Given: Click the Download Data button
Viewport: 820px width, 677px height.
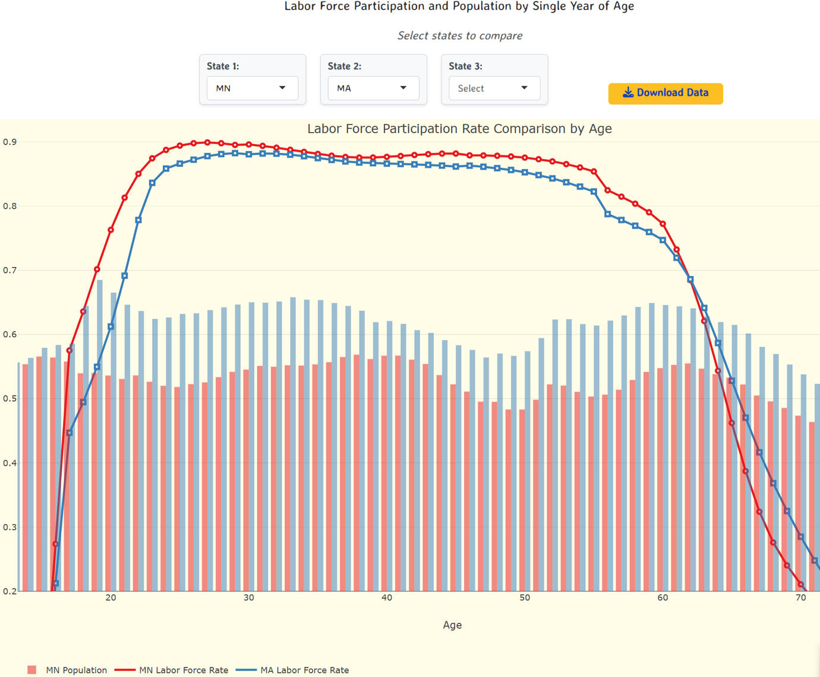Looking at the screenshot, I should pos(666,93).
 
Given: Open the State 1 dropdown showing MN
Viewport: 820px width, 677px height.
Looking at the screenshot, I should pos(253,88).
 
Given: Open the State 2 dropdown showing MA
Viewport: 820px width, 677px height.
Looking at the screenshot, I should pos(373,88).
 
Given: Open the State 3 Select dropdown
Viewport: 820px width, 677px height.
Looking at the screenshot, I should pos(494,88).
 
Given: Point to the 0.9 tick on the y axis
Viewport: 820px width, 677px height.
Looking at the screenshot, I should pos(10,142).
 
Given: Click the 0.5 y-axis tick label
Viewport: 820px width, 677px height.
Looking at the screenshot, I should pos(10,399).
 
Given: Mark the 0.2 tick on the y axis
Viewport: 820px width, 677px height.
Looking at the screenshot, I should pos(10,591).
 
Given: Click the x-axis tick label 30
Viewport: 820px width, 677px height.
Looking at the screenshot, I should pos(249,598).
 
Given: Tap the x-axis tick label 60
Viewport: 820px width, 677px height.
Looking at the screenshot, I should pos(663,598).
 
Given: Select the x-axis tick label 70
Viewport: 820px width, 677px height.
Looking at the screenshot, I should pos(800,598).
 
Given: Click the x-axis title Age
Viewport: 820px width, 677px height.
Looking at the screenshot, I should pos(452,625).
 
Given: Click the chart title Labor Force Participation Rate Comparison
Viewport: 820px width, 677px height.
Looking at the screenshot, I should pos(459,129).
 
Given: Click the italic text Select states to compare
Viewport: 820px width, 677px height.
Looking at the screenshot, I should pos(460,36).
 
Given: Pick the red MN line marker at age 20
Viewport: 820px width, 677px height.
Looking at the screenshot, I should pos(111,230).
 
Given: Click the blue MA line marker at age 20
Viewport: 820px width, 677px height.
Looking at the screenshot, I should pos(111,327).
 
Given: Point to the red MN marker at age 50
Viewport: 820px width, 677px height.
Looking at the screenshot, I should pos(525,158).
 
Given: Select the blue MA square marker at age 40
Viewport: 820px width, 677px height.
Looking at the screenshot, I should pos(387,164).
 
